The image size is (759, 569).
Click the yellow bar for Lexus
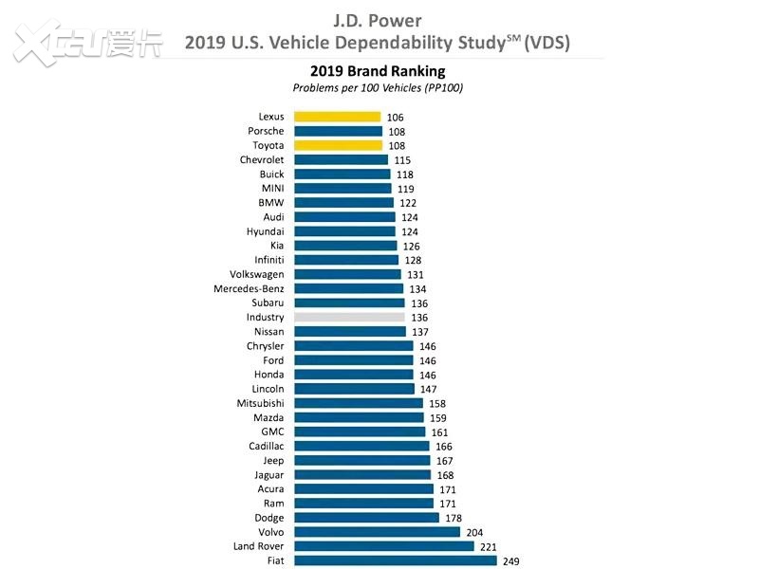click(x=338, y=117)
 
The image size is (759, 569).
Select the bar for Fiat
click(x=395, y=560)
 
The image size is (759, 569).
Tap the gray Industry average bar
click(x=349, y=317)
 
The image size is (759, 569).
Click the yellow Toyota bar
click(x=338, y=145)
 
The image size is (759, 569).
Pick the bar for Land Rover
click(x=383, y=546)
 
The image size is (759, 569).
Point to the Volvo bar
click(x=377, y=532)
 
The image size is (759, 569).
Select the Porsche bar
click(x=338, y=131)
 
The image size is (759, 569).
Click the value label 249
click(x=511, y=561)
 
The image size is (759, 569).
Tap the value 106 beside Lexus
click(x=396, y=118)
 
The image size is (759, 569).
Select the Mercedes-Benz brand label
click(x=249, y=288)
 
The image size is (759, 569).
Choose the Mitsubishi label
click(x=260, y=403)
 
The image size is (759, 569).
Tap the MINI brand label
click(x=271, y=189)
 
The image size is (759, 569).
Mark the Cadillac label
click(x=264, y=446)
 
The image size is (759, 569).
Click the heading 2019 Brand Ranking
click(x=378, y=71)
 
